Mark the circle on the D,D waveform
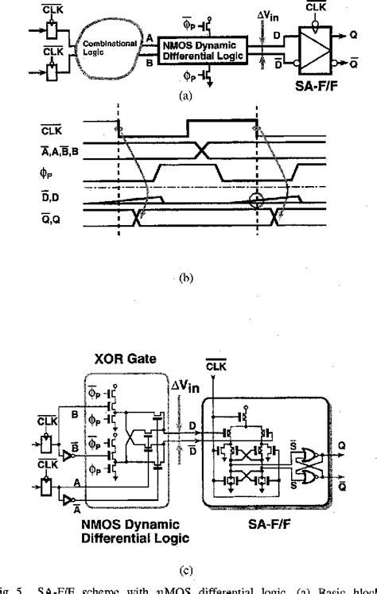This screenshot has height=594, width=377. point(255,200)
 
